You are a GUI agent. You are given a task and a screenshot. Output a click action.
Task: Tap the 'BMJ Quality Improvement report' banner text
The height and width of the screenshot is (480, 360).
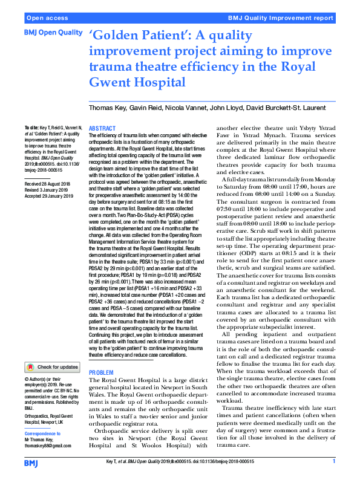[x=286, y=19]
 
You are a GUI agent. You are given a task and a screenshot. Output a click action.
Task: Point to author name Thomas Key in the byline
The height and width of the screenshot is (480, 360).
[x=109, y=108]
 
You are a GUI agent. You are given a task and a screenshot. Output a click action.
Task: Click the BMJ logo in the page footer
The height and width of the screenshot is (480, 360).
[x=31, y=462]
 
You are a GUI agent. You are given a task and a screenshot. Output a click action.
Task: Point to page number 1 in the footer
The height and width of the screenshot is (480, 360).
[x=333, y=461]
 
